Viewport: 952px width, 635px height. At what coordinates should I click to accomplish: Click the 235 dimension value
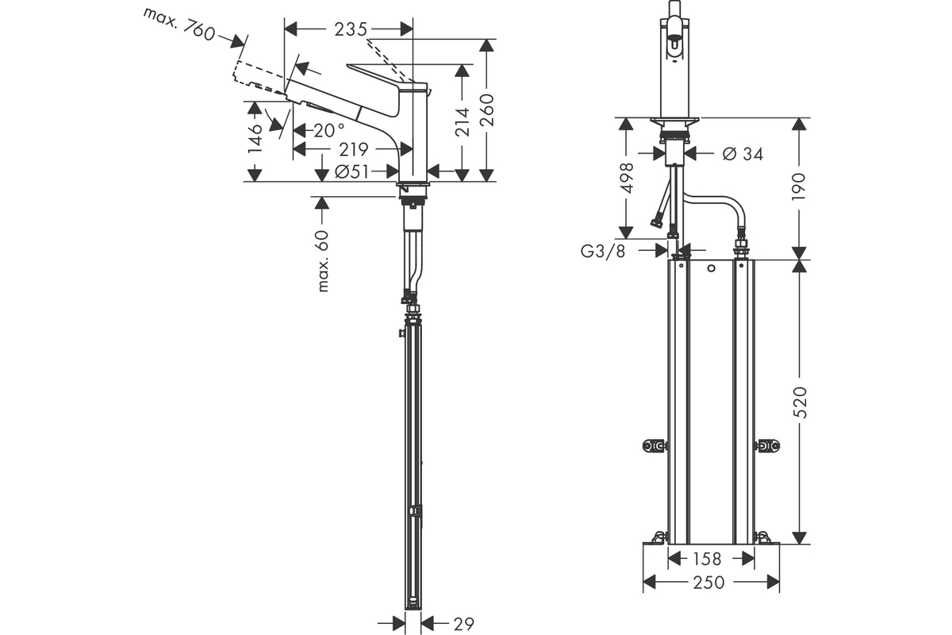coord(351,29)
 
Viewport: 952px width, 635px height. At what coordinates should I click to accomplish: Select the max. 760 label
coord(179,25)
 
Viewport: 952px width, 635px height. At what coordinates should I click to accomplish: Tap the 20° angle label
coord(329,130)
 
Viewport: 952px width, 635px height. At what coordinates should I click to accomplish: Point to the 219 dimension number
coord(354,149)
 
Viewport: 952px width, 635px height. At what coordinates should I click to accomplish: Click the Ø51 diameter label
coord(352,171)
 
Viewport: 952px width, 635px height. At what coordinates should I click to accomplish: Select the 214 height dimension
coord(462,122)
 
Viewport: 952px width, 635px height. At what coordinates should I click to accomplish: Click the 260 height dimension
coord(486,110)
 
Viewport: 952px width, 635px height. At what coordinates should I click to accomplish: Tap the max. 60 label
coord(323,260)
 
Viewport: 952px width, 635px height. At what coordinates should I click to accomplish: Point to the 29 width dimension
coord(463,624)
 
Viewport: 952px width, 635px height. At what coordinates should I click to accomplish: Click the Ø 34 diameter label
coord(743,153)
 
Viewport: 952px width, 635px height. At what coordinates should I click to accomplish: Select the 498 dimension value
coord(627,178)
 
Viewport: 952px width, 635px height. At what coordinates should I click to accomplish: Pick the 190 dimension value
coord(799,187)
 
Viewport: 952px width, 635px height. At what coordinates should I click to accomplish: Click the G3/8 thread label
coord(603,252)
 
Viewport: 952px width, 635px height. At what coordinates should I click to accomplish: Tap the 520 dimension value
coord(800,402)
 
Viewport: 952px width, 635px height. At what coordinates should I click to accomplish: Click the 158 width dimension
coord(707,559)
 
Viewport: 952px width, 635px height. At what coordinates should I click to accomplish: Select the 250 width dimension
coord(708,583)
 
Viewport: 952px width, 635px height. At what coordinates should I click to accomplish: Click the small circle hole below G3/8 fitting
coord(712,268)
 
